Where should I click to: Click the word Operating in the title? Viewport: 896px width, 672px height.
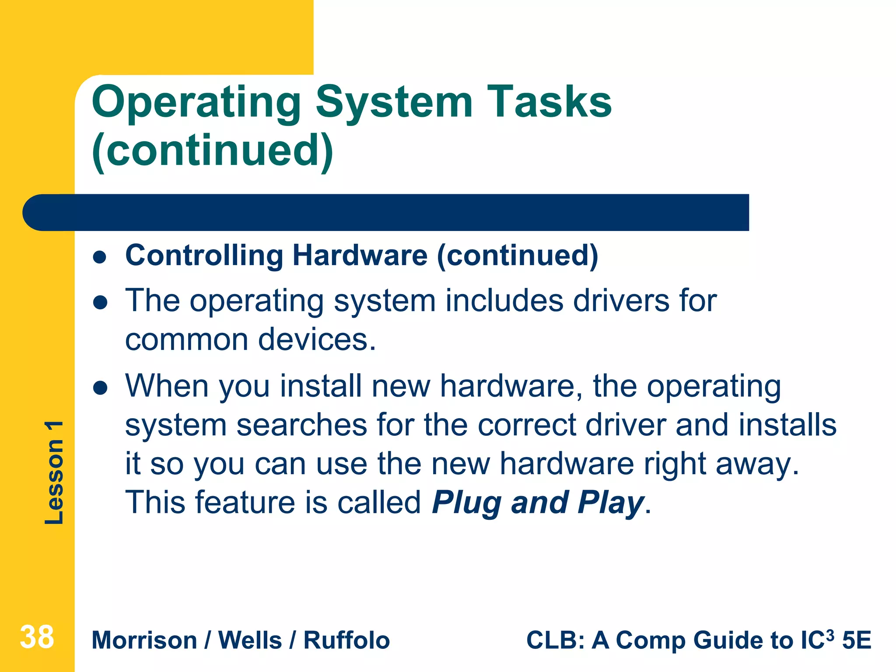click(196, 103)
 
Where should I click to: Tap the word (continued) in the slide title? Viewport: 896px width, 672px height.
click(213, 151)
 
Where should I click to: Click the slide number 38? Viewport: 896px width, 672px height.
click(37, 637)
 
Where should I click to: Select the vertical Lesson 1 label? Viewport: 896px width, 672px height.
click(54, 472)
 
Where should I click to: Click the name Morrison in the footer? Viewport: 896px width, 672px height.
click(144, 640)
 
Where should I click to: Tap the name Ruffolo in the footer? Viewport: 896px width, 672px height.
click(346, 640)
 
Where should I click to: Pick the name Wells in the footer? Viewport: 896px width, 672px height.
click(250, 640)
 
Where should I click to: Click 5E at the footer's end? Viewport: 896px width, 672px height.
click(857, 640)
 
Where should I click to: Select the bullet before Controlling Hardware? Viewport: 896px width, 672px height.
click(100, 257)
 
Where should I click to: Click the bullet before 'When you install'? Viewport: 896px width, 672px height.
click(100, 388)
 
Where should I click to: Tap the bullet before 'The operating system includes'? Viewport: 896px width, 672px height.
click(100, 302)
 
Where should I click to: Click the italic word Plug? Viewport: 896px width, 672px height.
click(466, 503)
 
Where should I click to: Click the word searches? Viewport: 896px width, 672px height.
click(302, 425)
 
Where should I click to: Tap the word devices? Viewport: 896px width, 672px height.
click(317, 340)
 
